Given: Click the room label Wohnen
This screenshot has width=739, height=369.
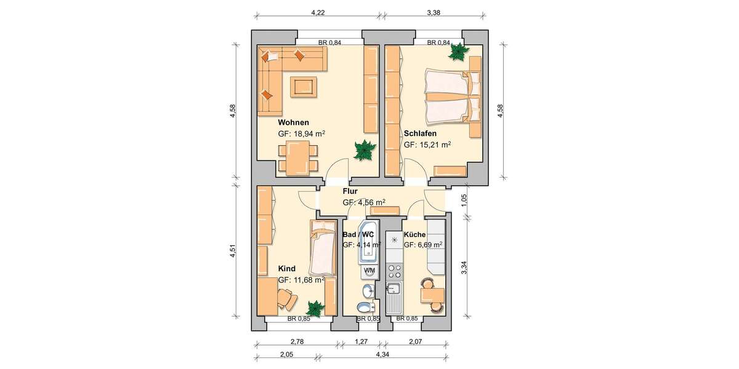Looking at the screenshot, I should pos(293,122).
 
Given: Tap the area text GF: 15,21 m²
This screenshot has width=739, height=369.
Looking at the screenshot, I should pos(427,145).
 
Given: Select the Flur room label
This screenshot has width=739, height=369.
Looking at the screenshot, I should pos(350,191).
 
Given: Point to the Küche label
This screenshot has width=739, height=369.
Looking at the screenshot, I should pos(414,234).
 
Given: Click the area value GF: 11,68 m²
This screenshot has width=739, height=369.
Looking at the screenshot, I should pos(301,280).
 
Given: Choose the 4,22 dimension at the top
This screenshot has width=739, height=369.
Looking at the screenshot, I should pos(318,11).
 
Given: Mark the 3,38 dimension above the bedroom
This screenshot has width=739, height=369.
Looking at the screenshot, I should pos(435,11).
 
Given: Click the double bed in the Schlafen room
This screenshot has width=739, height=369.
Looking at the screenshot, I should pos(450,97).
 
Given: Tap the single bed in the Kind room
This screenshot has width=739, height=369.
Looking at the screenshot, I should pos(321,249).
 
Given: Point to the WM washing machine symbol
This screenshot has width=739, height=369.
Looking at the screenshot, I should pos(369,271).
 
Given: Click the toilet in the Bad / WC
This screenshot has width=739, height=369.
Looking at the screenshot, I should pos(365,307).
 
